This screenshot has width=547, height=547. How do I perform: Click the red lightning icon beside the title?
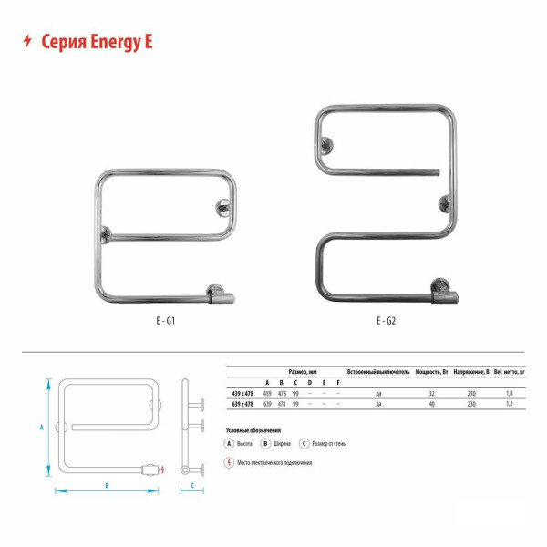click(x=26, y=41)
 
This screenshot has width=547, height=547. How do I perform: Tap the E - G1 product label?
click(x=164, y=321)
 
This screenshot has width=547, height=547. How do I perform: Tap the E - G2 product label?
click(x=385, y=321)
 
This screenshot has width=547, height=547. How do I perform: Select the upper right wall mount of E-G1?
click(x=222, y=209)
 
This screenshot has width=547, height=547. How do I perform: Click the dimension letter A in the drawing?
click(x=42, y=426)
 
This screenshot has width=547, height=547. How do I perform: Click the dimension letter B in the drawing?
click(x=107, y=486)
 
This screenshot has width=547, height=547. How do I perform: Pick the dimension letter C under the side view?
click(x=193, y=486)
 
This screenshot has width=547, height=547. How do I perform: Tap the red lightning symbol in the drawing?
click(x=162, y=470)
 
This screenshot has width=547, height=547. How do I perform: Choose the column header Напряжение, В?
click(x=471, y=373)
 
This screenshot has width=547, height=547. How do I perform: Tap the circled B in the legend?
click(x=264, y=443)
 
